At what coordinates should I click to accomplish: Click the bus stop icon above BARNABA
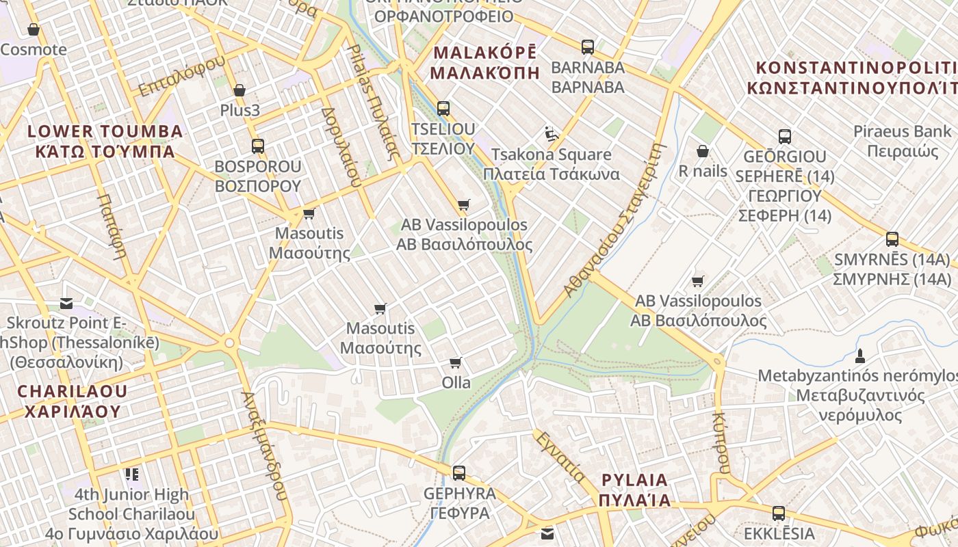587,47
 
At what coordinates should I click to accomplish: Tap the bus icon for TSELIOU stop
443,108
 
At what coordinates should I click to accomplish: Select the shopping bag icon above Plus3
239,90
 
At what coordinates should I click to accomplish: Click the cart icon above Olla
456,362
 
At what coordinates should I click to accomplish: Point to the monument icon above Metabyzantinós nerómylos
860,356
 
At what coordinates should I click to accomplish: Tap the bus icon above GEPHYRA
458,472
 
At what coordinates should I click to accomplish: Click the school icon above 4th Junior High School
131,474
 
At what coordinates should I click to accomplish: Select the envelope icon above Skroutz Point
66,303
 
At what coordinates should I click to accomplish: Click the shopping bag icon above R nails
702,151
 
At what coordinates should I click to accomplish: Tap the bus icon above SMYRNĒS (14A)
892,239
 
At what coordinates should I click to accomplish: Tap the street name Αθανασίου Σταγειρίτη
614,219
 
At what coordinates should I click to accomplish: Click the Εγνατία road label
559,456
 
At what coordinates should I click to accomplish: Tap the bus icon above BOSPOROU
257,146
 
